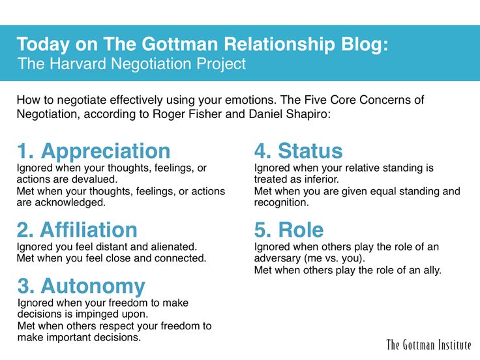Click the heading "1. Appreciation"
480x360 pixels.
coord(94,151)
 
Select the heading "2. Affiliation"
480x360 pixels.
coord(77,230)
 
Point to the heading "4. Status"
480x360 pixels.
coord(299,151)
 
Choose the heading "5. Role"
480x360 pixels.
coord(289,230)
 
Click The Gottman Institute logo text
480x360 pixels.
coord(428,345)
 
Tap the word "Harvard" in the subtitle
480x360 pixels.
coord(78,64)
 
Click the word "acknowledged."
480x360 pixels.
coord(70,203)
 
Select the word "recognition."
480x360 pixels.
coord(281,203)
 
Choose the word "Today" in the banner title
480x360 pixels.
coord(43,45)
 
